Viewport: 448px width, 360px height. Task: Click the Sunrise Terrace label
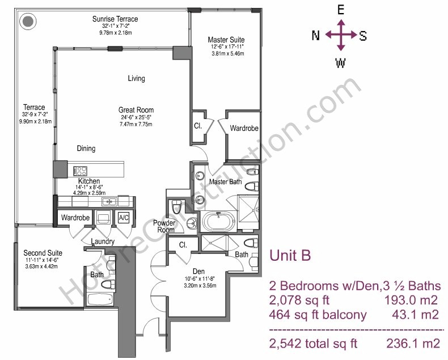coord(115,19)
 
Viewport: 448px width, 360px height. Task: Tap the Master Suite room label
coord(226,40)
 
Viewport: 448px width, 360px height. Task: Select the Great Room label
coord(136,110)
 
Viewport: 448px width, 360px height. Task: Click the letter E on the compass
coord(341,10)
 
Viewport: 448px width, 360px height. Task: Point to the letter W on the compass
coord(340,63)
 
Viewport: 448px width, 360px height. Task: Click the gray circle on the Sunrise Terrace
coord(28,22)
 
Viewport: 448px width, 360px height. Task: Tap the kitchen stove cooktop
coord(81,171)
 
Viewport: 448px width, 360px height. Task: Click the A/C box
coord(124,218)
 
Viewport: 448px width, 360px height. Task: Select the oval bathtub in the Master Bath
coord(218,222)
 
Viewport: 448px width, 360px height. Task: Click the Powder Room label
coord(164,226)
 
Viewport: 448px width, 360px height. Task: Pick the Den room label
coord(198,272)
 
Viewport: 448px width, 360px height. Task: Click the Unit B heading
coord(290,255)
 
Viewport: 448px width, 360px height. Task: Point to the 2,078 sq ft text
coord(299,300)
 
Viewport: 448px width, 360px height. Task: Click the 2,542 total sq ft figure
coord(313,344)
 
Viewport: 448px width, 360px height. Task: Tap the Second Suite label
coord(43,253)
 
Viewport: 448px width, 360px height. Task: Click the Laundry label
coord(103,242)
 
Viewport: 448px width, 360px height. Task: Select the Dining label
coord(86,149)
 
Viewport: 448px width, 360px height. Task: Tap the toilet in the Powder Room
coord(177,206)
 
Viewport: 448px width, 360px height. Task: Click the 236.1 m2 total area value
coord(413,343)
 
